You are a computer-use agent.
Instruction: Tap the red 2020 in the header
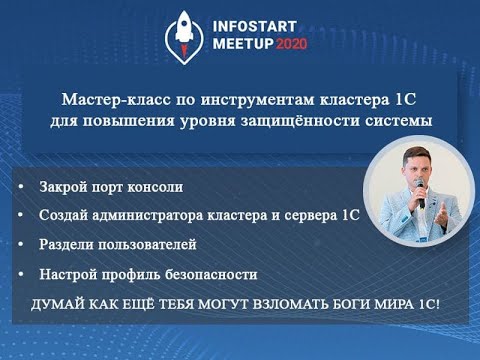(291, 45)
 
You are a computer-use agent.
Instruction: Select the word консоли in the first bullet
(156, 187)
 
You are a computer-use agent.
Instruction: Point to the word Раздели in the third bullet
(66, 244)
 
